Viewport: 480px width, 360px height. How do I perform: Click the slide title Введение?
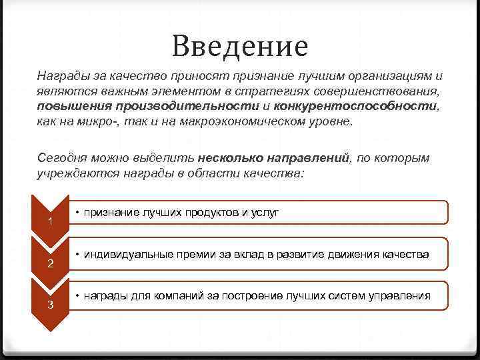click(x=239, y=46)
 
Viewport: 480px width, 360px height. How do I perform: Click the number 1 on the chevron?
click(x=51, y=221)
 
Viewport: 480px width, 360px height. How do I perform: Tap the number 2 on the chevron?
click(x=51, y=264)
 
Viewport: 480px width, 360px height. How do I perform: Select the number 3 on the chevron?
click(x=51, y=305)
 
